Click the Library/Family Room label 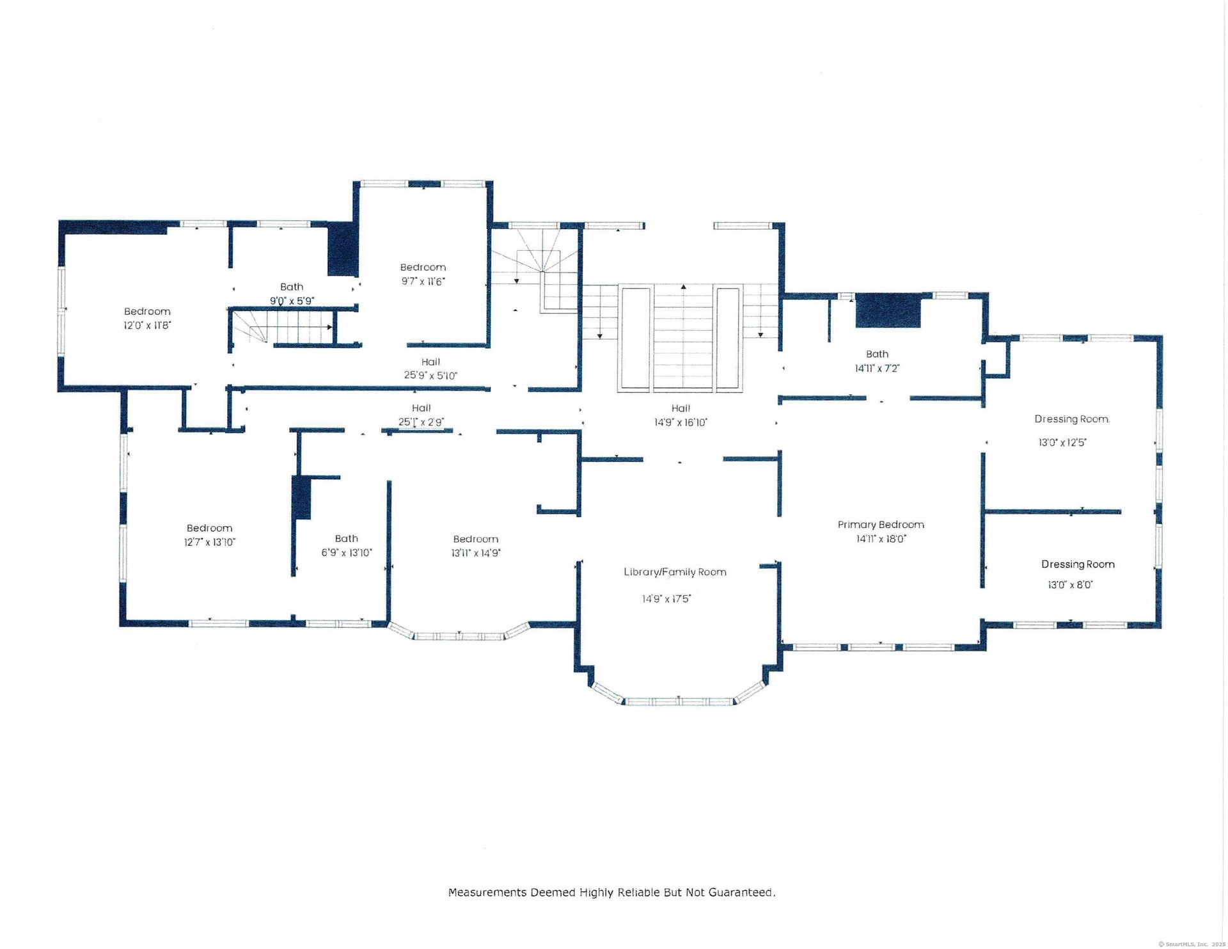click(675, 572)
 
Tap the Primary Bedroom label click(881, 525)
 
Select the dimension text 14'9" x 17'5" click(666, 599)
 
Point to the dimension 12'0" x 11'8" click(147, 325)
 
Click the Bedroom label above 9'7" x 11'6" click(423, 267)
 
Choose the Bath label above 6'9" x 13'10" click(346, 539)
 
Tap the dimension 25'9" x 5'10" click(430, 376)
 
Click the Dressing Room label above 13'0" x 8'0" click(1078, 564)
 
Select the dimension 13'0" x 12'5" click(1062, 442)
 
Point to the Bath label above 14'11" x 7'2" click(877, 354)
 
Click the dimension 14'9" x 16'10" click(681, 422)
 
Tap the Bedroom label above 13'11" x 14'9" click(475, 539)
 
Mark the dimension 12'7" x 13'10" click(209, 542)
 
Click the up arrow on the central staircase click(683, 287)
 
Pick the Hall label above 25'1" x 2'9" click(421, 408)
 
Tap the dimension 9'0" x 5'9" click(292, 301)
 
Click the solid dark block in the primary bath click(888, 311)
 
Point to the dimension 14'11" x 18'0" click(881, 539)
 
